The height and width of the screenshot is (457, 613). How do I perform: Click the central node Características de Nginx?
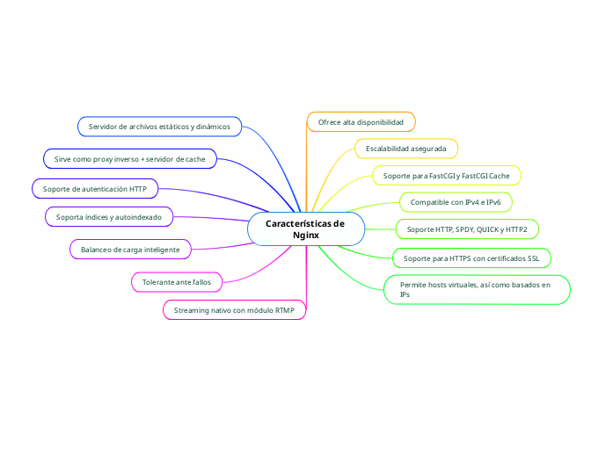(x=305, y=229)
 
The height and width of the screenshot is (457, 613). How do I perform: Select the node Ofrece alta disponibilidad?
(x=361, y=121)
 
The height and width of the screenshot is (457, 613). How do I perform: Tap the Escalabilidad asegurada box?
(x=405, y=149)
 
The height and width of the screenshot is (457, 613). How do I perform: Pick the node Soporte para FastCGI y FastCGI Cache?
(x=446, y=176)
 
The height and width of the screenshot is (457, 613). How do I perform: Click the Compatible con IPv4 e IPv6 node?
(x=456, y=202)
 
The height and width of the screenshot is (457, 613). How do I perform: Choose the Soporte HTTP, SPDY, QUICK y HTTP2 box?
(x=467, y=229)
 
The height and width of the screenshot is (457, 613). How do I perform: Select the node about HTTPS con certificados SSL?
(x=471, y=258)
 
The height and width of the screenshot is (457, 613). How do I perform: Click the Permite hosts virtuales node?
(x=477, y=289)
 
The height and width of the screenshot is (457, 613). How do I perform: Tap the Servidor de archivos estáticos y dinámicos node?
(x=159, y=127)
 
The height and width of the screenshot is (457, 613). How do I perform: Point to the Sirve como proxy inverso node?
(x=129, y=159)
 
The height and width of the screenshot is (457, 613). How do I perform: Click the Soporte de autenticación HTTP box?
(x=95, y=188)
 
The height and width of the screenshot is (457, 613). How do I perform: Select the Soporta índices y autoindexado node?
(x=109, y=216)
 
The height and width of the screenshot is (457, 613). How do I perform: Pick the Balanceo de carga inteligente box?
(x=130, y=250)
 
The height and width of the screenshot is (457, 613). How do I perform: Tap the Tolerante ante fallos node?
(x=177, y=282)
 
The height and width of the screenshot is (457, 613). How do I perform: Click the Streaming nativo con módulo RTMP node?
(x=234, y=310)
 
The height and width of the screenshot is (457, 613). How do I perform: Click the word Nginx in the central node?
(x=305, y=236)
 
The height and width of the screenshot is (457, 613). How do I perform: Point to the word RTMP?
(x=285, y=310)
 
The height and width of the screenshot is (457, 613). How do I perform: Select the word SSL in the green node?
(x=532, y=258)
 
